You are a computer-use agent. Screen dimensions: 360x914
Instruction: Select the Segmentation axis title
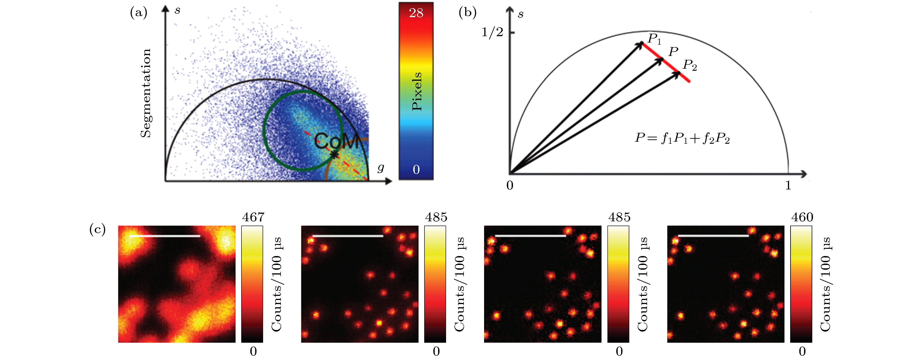[x=145, y=93]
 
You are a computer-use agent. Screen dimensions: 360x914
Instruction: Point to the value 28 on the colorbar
[x=416, y=13]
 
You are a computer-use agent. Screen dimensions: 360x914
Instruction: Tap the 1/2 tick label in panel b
[x=492, y=32]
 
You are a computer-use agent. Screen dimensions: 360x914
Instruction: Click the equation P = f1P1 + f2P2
[x=682, y=138]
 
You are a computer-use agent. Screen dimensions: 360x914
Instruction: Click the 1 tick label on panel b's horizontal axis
[x=788, y=185]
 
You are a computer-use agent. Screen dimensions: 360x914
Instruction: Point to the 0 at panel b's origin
[x=510, y=185]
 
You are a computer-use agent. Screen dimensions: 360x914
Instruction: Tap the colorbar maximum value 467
[x=253, y=217]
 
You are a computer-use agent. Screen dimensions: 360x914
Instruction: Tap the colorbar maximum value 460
[x=802, y=217]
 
